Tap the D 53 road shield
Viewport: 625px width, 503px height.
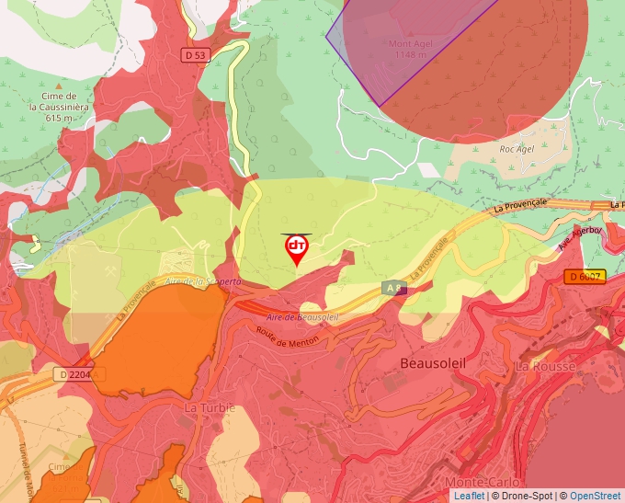[195, 55]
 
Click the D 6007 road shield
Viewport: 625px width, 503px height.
[585, 276]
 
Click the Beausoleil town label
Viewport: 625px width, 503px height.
[433, 363]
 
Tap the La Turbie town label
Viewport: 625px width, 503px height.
[210, 407]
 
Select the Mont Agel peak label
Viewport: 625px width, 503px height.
[410, 43]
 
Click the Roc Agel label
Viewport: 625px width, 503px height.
[517, 148]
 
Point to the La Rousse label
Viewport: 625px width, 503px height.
[545, 366]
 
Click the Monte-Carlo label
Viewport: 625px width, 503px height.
[482, 482]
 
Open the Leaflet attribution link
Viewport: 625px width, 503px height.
[469, 496]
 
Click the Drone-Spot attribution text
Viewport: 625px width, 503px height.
[522, 496]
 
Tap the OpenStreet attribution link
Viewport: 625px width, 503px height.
[595, 496]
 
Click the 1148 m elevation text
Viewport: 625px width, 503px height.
[410, 55]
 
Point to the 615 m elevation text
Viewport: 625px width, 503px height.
[59, 118]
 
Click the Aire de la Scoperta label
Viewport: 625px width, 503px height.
[203, 281]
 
